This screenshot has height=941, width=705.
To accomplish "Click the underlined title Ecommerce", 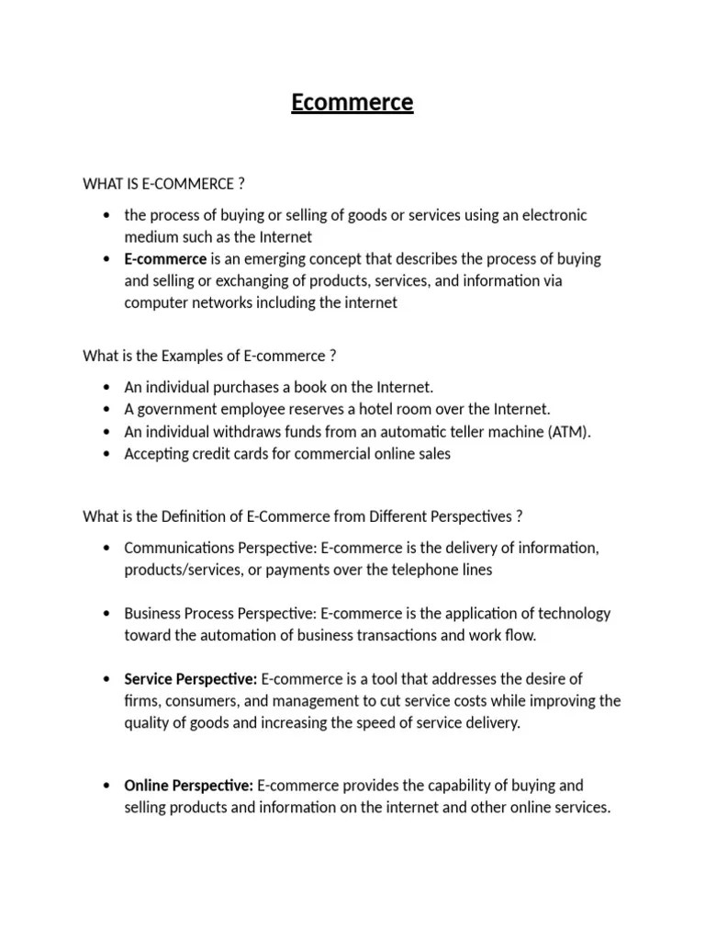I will click(x=352, y=103).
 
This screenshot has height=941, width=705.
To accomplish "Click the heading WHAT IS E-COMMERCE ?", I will click(x=163, y=184).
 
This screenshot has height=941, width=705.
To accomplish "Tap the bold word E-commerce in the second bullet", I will click(x=165, y=259).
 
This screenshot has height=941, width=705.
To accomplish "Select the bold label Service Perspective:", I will click(x=191, y=680).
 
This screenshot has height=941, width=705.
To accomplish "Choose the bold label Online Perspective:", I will click(x=188, y=787).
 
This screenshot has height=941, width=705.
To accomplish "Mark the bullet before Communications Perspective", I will click(x=107, y=549).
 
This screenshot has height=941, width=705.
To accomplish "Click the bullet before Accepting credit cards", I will click(x=107, y=454).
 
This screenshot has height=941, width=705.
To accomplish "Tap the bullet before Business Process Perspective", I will click(x=107, y=614).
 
